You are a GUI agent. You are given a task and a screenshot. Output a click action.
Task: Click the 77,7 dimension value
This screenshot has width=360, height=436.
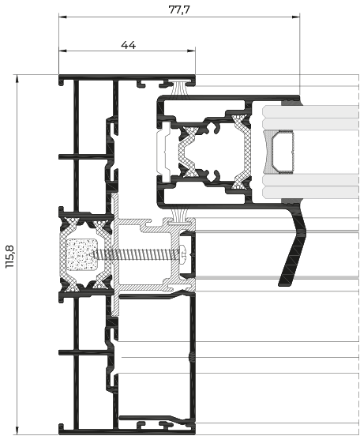[x=179, y=9]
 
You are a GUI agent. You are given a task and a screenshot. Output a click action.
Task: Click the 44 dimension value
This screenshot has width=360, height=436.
[x=128, y=45]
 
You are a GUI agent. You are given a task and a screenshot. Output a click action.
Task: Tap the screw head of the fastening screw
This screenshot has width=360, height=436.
[x=183, y=253]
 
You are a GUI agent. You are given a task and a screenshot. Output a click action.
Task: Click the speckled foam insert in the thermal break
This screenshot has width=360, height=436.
[x=82, y=254]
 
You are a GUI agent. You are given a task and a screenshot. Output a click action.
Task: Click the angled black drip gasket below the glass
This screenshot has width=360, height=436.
[x=293, y=245]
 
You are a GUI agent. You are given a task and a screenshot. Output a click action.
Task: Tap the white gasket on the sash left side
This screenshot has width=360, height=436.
[x=163, y=152]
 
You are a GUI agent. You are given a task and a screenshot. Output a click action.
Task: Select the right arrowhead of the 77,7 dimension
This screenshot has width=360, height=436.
[x=296, y=17]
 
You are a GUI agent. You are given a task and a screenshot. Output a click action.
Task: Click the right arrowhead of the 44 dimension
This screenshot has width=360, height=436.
[x=191, y=51]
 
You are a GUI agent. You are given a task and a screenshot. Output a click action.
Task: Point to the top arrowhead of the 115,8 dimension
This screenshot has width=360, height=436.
[x=17, y=79]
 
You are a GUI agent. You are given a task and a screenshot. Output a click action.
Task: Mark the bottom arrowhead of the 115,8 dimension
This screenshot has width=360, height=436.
[x=17, y=430]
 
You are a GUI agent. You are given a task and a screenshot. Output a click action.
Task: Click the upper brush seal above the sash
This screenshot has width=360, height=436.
[x=179, y=88]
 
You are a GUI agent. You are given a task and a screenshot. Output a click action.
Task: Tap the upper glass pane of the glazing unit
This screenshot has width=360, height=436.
[x=310, y=118]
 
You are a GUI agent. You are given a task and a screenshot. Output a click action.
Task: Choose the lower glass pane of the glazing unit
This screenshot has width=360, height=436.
[x=310, y=186]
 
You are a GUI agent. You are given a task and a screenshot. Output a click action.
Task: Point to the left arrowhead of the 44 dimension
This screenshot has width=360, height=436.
[x=63, y=51]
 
